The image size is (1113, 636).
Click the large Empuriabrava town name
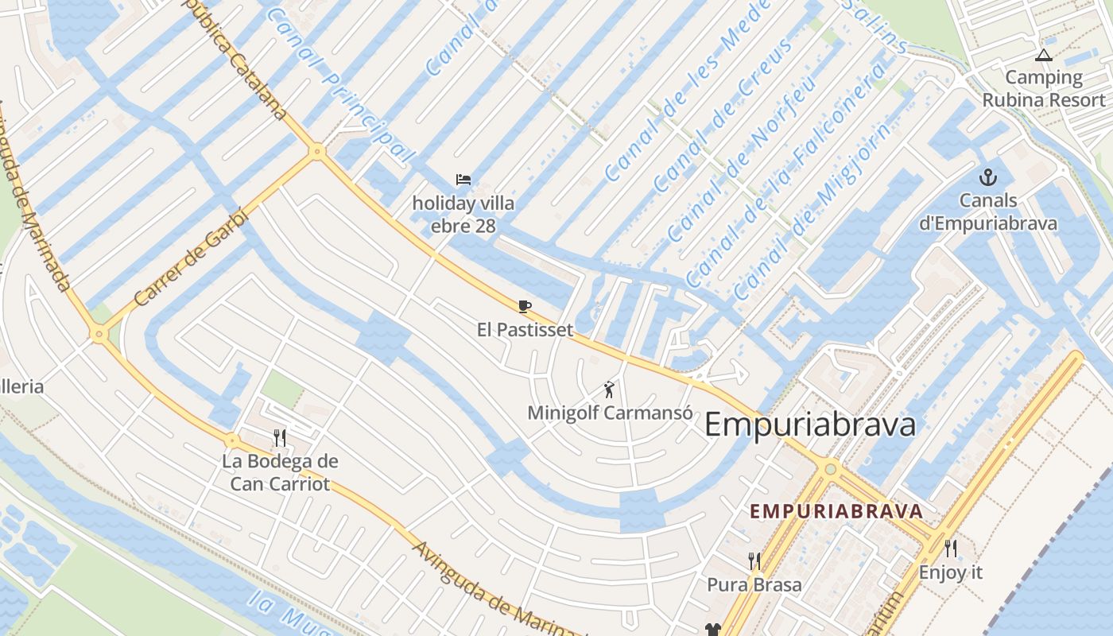810,425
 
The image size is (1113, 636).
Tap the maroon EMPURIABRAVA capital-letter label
836,511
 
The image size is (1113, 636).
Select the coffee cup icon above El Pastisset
524,306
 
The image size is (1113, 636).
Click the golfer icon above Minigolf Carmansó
609,390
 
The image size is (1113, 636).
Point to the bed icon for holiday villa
463,180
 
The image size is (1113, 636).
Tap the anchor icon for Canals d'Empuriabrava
988,177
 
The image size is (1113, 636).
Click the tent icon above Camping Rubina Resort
1043,56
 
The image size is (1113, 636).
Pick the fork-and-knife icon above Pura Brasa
754,561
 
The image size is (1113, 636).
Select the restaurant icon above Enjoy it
950,548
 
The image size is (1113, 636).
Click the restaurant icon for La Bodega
279,438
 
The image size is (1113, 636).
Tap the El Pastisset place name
525,329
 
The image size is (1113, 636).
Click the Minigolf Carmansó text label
610,413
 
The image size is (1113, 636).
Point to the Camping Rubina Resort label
1044,89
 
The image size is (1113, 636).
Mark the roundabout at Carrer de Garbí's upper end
317,150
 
